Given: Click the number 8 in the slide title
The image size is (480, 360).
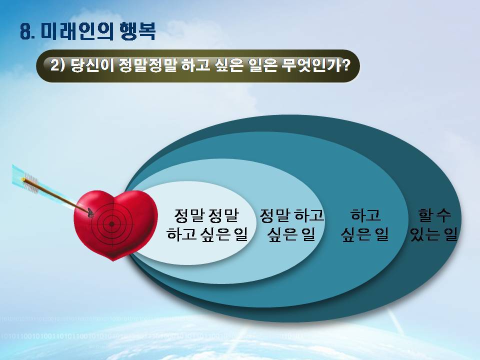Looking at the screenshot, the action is [x=25, y=31].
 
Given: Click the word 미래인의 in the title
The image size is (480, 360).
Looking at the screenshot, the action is [x=77, y=31].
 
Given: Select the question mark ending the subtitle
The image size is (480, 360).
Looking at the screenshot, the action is [x=346, y=64].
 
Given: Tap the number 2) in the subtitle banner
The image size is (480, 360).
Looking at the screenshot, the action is [x=57, y=65].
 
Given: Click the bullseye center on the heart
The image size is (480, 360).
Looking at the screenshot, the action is [x=111, y=224].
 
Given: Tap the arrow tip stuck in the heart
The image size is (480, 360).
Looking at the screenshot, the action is [x=90, y=212].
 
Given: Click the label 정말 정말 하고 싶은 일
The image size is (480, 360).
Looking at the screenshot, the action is [x=206, y=224].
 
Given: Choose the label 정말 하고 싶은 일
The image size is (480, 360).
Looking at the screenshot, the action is [x=291, y=224].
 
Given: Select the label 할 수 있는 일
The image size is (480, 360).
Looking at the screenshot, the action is [x=434, y=224].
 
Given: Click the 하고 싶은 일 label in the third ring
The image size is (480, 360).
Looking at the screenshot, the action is [x=364, y=224].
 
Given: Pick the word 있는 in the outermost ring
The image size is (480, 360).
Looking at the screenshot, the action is [x=425, y=234].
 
